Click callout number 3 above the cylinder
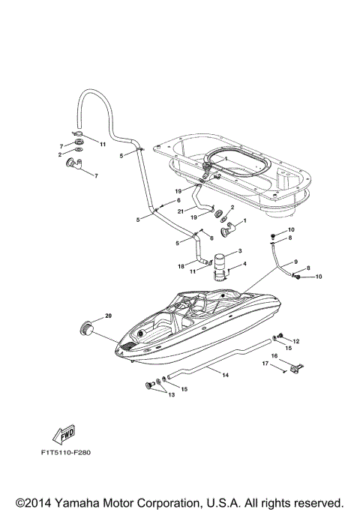[x=239, y=250]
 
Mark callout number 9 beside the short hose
[x=295, y=261]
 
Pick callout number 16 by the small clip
[x=274, y=355]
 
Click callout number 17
[x=265, y=364]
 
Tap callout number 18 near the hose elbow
[x=181, y=265]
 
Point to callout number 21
[x=181, y=211]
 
